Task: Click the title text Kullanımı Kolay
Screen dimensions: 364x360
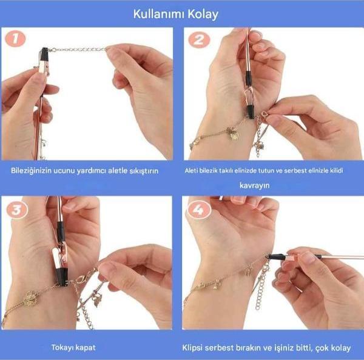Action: (176, 15)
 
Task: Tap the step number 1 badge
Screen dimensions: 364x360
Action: (15, 38)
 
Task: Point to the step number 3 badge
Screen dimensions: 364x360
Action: (17, 210)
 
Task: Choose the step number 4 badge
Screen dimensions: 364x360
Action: (199, 210)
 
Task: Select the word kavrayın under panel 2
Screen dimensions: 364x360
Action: (254, 185)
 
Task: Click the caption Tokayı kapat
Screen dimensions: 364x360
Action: (73, 347)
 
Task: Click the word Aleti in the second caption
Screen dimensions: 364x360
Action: (191, 170)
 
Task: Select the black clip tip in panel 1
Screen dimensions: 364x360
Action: (44, 53)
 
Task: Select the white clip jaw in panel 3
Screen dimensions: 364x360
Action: (55, 257)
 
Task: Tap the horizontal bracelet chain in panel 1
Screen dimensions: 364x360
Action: (79, 50)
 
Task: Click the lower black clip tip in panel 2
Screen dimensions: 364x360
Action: (251, 112)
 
